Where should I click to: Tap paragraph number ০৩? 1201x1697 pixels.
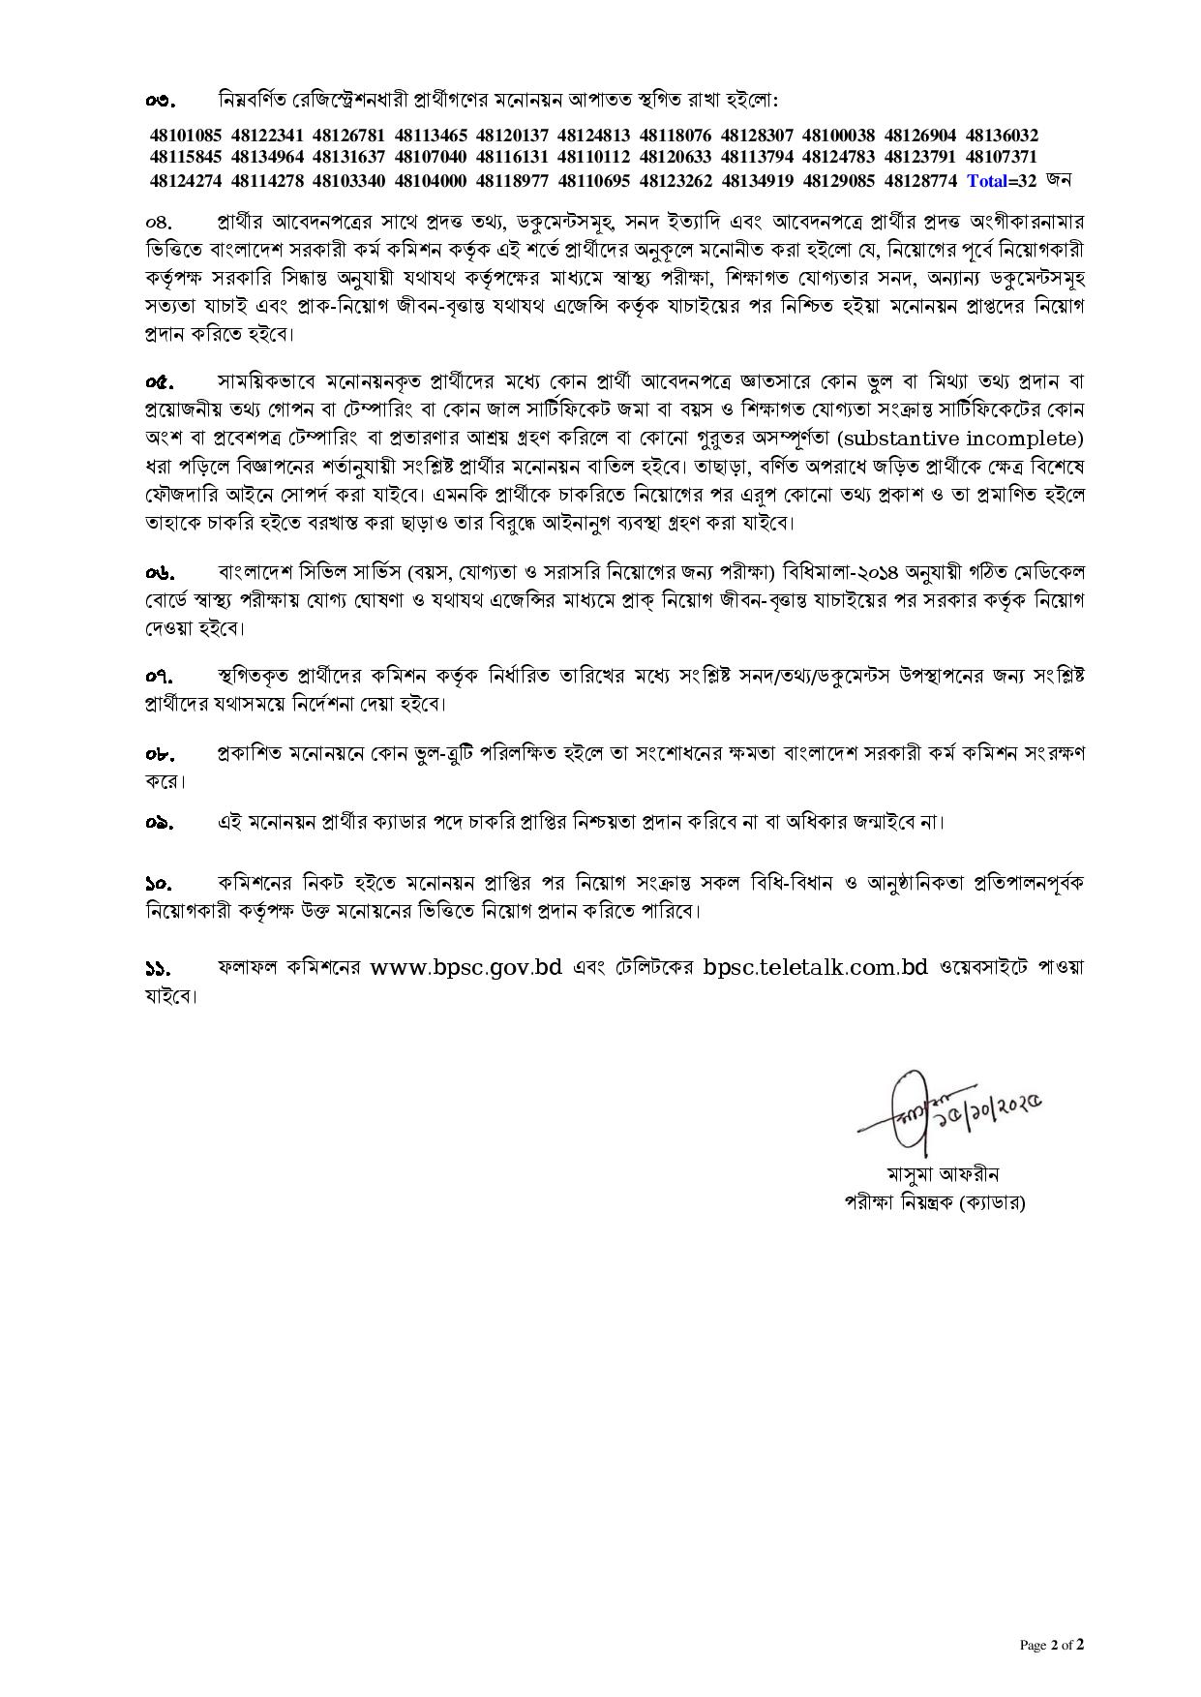(160, 101)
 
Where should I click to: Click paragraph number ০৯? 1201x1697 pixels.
(160, 823)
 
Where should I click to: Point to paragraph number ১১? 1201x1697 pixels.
(159, 968)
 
